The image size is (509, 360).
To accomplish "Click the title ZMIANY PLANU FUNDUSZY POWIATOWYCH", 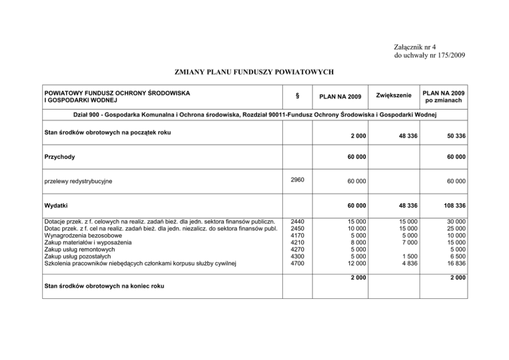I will click(254, 72).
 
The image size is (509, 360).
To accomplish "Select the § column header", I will click(298, 96).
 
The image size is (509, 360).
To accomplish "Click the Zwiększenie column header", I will click(394, 96).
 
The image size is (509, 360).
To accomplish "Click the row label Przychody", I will click(60, 157).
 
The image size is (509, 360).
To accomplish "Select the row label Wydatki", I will click(56, 205).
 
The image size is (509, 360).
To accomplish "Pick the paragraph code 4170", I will click(298, 236).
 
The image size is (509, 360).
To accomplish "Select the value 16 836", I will click(455, 263).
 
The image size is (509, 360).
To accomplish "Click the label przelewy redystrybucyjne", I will click(79, 181).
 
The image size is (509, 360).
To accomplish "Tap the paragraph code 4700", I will click(298, 263).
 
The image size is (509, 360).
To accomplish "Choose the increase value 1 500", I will click(408, 256).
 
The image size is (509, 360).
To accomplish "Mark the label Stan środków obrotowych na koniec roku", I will click(104, 286).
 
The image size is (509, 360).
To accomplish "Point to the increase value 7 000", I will click(408, 242).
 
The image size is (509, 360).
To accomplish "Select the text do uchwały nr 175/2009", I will click(429, 55).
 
